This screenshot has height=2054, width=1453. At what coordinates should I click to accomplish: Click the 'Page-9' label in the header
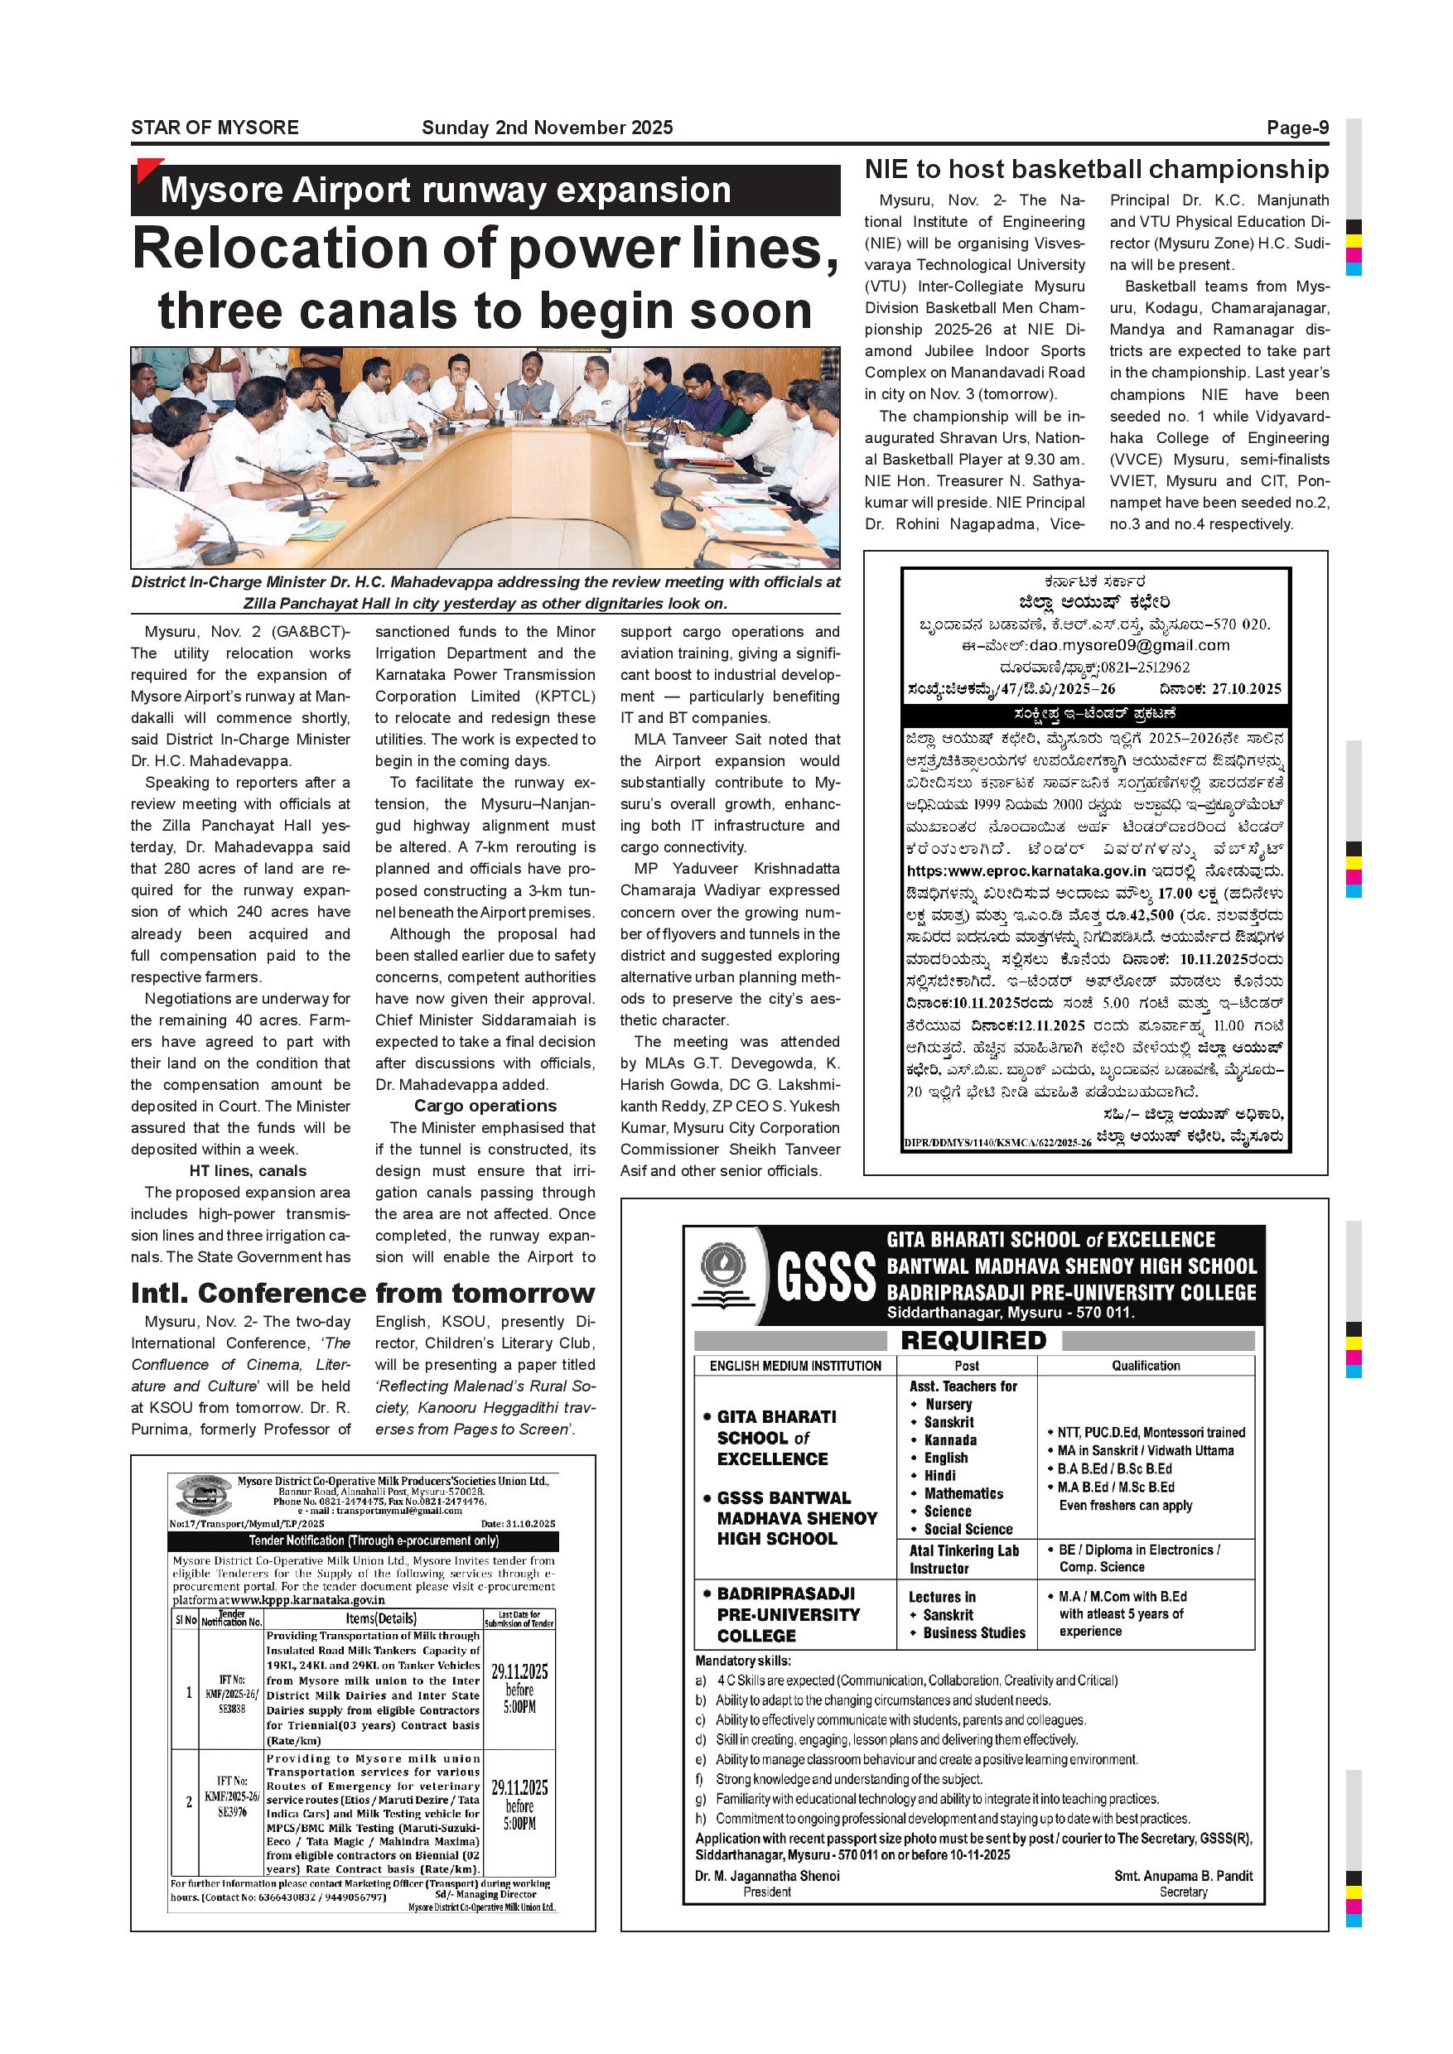click(x=1296, y=128)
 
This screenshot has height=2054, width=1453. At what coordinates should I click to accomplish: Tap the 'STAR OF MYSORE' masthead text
click(x=215, y=128)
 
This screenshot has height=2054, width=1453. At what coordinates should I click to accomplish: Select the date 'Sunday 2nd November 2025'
click(x=547, y=128)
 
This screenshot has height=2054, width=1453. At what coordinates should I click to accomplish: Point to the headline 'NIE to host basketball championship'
click(x=1096, y=169)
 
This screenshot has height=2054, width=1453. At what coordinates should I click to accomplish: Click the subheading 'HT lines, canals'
click(x=247, y=1171)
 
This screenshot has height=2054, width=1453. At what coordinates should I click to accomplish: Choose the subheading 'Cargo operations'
click(x=485, y=1107)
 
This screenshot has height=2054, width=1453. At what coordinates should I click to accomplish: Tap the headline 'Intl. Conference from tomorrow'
click(x=362, y=1294)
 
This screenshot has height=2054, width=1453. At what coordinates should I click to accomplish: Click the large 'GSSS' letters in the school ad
click(x=826, y=1276)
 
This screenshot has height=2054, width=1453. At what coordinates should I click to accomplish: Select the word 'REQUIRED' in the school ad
click(x=973, y=1340)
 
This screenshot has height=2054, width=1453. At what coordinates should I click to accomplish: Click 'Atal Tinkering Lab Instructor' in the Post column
click(x=963, y=1560)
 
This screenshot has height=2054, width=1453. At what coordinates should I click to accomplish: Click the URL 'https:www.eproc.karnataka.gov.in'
click(x=1026, y=870)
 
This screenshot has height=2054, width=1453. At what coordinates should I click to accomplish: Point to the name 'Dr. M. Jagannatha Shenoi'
click(x=767, y=1876)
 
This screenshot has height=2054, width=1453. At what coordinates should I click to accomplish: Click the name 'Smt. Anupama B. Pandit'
click(x=1183, y=1876)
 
